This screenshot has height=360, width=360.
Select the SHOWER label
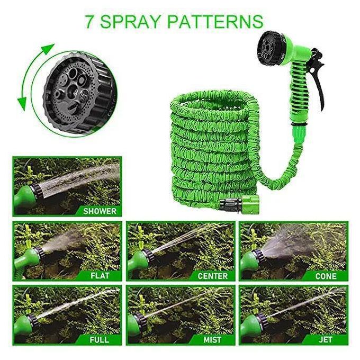[x=99, y=211]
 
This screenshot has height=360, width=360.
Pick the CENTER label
[x=212, y=275]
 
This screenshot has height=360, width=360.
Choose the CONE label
[x=326, y=275]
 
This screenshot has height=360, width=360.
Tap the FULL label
[x=100, y=339]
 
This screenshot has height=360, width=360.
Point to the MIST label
[x=212, y=339]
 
